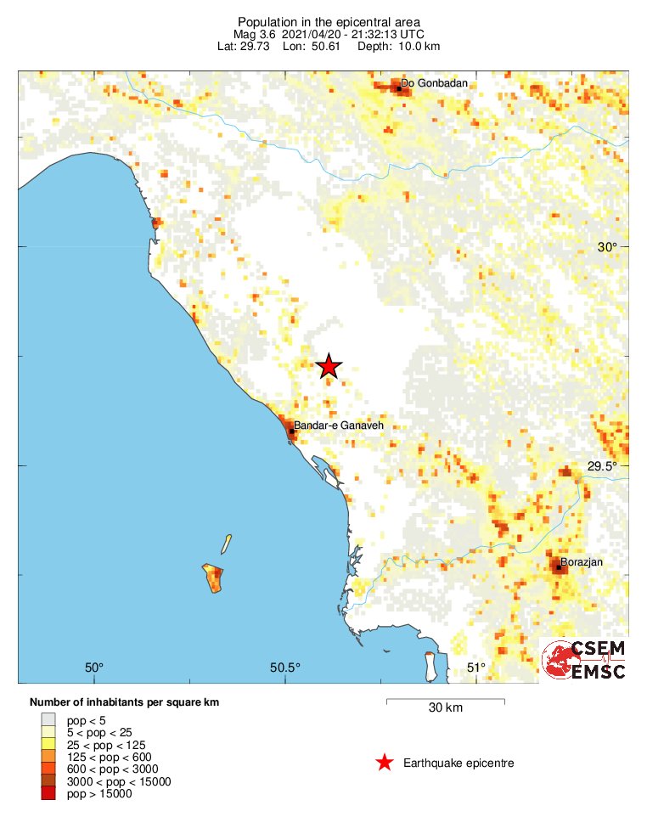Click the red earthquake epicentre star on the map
[329, 366]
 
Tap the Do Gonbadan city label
[434, 83]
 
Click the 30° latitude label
[606, 247]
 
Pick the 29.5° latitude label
[605, 465]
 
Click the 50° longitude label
[93, 666]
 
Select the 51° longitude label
[476, 666]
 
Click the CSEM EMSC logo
[585, 659]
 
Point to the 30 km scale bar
[446, 701]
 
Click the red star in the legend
[385, 763]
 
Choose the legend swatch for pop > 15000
[48, 793]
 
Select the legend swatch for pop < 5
[48, 719]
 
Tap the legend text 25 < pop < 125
[99, 744]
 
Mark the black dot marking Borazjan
[559, 566]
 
